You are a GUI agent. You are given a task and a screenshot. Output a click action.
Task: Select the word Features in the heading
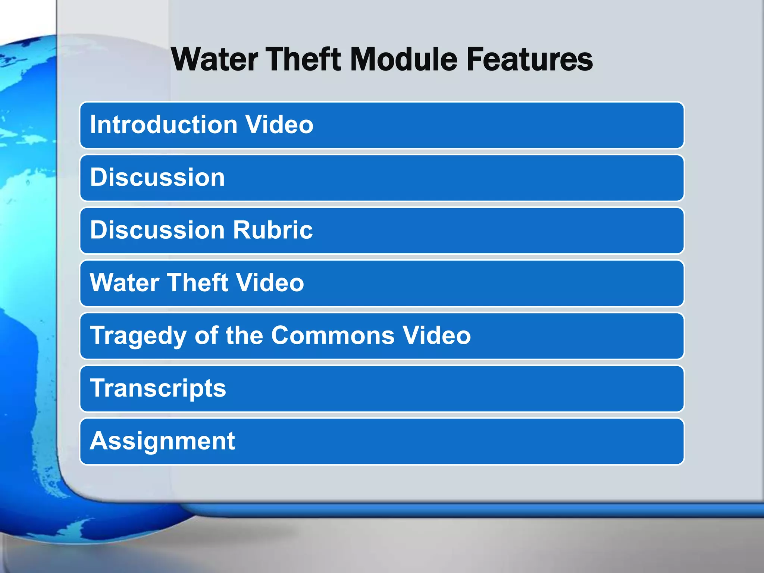pos(529,60)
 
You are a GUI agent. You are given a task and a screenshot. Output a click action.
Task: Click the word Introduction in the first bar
pos(164,125)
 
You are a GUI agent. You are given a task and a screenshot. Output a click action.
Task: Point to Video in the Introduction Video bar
pos(279,125)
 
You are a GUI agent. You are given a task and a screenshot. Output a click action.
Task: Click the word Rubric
pos(273,230)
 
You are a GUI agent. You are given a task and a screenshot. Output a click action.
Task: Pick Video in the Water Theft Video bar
pos(270,283)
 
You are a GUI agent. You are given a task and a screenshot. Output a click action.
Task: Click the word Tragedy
pos(138,336)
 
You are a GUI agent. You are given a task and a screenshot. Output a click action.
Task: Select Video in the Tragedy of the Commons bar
pos(436,336)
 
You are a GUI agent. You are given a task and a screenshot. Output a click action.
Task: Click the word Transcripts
pos(158,388)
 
